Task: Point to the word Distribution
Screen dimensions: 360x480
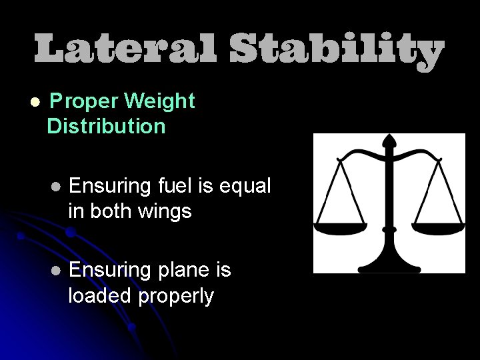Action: [x=107, y=126]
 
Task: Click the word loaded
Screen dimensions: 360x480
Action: [x=100, y=295]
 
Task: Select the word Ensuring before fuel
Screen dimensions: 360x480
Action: [x=111, y=187]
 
